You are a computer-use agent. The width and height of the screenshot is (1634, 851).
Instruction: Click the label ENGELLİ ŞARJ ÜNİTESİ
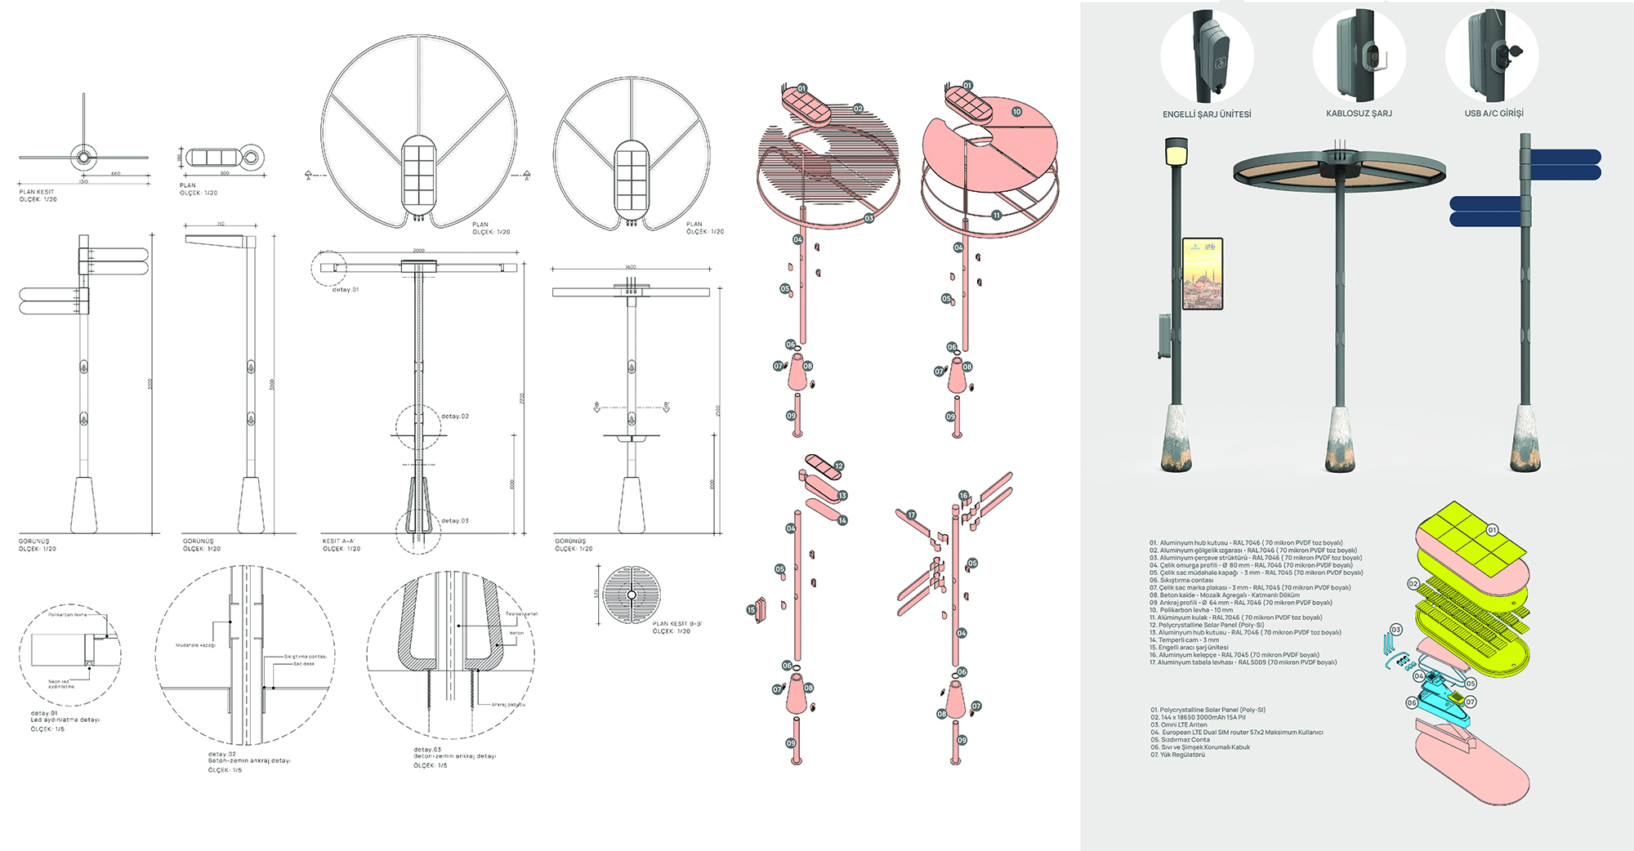[1206, 114]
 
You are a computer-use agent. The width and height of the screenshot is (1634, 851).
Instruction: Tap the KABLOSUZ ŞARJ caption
[1359, 114]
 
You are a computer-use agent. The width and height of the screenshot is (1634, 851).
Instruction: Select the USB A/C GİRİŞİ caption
[1493, 114]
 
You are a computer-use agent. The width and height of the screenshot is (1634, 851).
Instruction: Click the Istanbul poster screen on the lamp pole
[1203, 274]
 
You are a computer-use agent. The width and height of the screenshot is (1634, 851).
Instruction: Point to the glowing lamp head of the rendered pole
[1176, 152]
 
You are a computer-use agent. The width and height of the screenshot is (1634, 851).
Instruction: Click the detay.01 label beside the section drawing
[345, 290]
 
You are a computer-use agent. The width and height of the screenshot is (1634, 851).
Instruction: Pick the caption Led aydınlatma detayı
[65, 720]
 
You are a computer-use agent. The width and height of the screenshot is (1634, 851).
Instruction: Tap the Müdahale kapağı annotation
[195, 645]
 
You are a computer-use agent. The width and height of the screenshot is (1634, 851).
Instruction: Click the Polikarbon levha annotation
[67, 614]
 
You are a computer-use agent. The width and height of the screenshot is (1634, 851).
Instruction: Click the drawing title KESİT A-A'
[338, 541]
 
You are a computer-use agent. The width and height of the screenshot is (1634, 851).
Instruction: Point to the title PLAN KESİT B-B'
[676, 624]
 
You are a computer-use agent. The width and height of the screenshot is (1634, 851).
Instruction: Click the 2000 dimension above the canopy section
[418, 251]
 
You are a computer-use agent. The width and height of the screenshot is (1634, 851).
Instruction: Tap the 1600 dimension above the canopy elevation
[631, 267]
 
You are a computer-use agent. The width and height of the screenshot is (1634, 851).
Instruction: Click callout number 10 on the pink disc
[1016, 112]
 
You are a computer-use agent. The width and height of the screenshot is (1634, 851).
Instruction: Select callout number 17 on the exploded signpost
[911, 515]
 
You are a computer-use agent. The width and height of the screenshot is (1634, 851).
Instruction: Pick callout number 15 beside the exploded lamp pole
[751, 610]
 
